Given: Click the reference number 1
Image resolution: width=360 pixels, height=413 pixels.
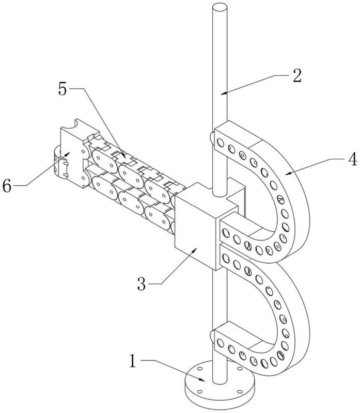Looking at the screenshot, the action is [x=133, y=361].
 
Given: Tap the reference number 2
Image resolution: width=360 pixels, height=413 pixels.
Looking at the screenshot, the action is [x=297, y=75].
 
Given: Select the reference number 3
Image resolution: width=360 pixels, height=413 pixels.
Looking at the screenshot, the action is [x=142, y=284].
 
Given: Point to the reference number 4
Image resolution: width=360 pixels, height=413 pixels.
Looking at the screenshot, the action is [x=352, y=159].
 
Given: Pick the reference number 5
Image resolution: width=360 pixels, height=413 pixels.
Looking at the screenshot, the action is [x=62, y=89].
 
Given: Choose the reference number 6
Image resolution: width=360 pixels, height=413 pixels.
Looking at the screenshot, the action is [x=7, y=186].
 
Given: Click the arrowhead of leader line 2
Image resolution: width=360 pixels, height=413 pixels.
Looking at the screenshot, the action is [x=223, y=93].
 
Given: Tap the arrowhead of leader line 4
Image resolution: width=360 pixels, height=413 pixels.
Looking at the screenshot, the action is [x=288, y=173].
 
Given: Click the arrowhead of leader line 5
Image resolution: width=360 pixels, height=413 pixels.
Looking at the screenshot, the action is [x=124, y=155].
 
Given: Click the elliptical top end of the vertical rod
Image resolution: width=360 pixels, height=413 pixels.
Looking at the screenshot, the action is [x=220, y=7].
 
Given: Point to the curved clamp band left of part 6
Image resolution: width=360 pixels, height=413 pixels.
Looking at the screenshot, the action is [x=57, y=163].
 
